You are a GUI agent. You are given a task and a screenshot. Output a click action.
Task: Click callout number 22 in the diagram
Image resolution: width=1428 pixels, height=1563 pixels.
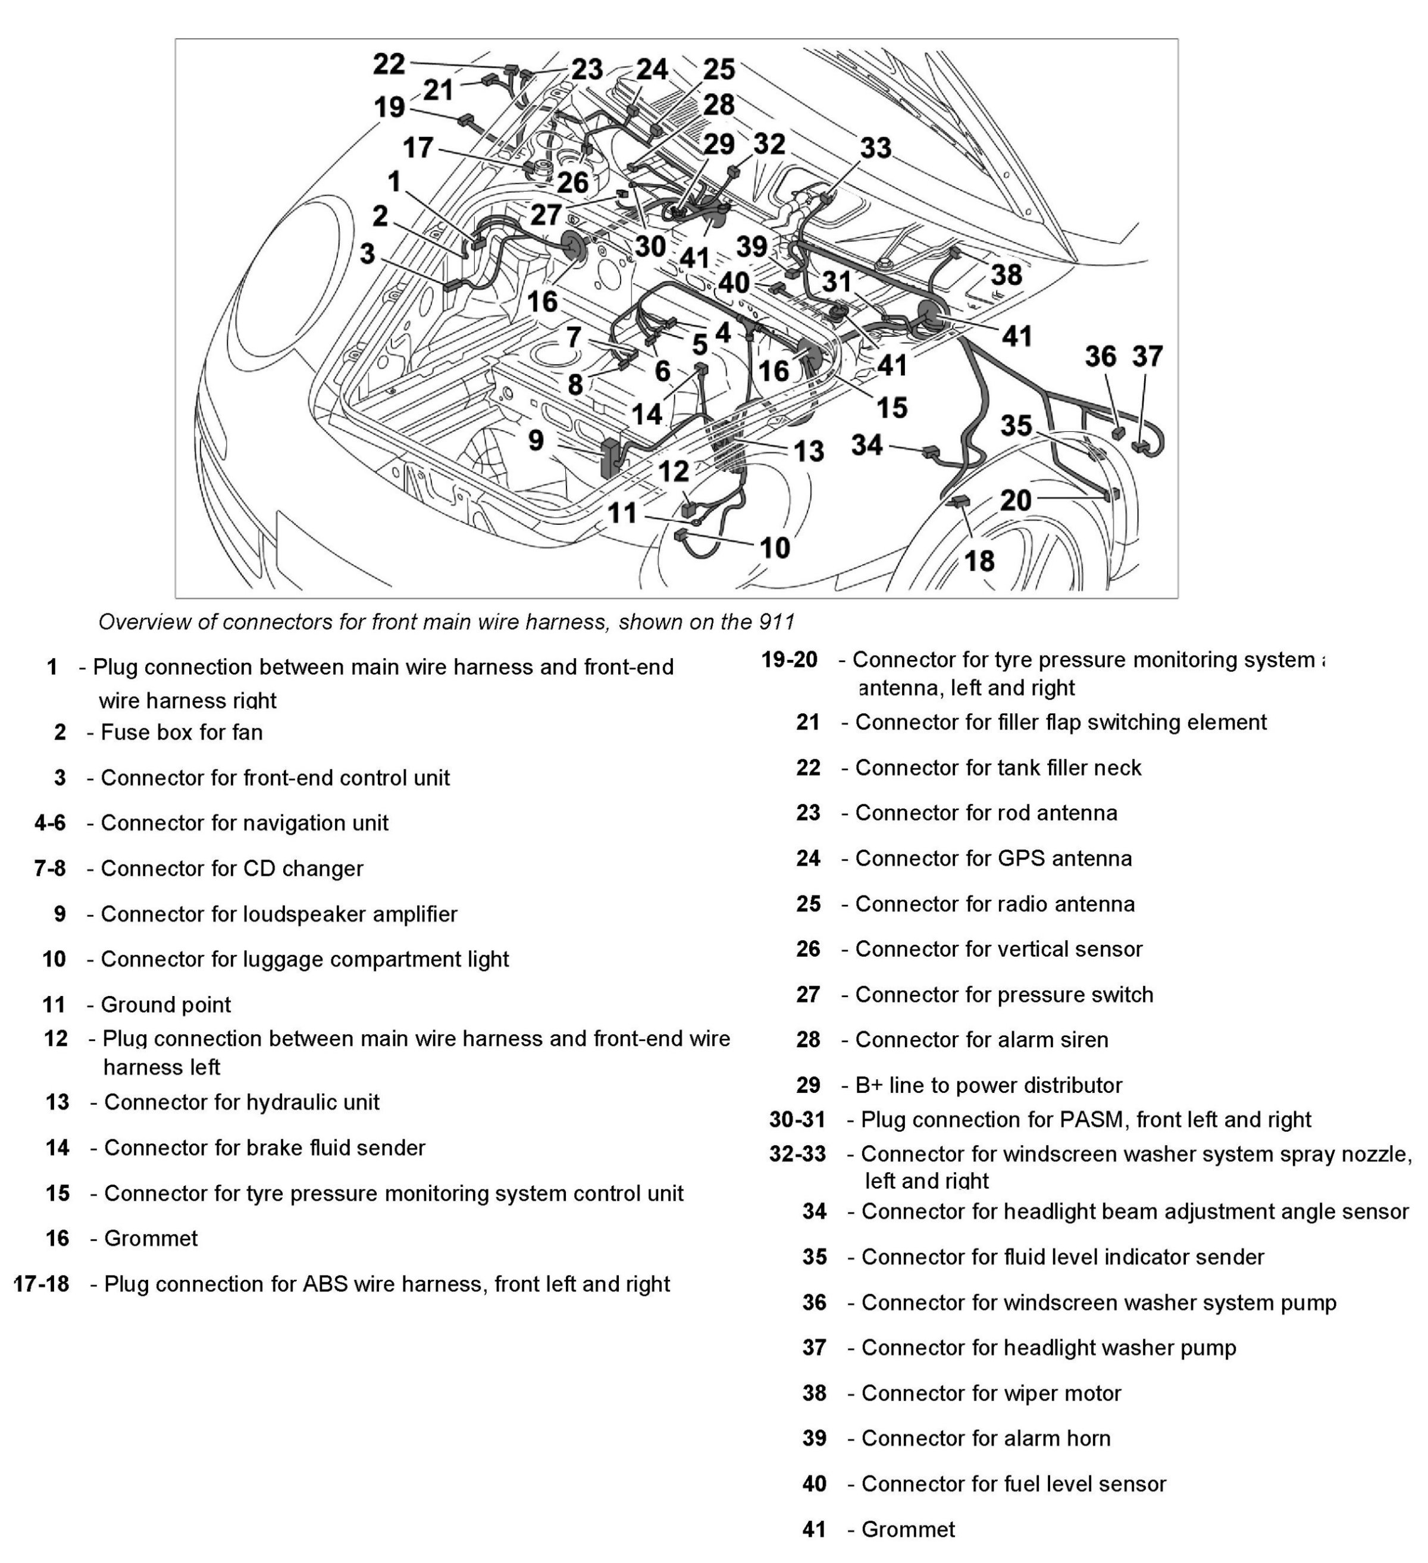pos(389,64)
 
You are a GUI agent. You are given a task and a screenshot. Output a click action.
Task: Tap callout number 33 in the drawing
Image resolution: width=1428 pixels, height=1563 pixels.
pos(875,148)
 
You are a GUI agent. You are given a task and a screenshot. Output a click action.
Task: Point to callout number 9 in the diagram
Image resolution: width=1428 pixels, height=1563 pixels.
pos(535,440)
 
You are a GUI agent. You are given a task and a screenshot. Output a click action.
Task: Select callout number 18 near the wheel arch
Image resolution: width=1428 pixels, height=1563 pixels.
pos(979,560)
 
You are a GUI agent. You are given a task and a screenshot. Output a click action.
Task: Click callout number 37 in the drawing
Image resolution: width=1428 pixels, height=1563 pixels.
pos(1147,356)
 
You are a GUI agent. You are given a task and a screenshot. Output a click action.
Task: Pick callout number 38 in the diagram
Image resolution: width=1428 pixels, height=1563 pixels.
pos(1006,274)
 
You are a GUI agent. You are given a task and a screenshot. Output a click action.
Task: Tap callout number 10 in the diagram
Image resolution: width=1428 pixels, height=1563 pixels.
pos(775,548)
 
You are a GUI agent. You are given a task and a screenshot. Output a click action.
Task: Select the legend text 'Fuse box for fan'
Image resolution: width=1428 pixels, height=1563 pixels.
pos(181,732)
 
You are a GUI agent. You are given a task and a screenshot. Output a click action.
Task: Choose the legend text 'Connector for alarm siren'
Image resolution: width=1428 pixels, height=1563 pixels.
pos(982,1039)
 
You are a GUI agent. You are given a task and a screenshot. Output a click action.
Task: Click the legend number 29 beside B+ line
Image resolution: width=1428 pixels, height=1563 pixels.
pos(808,1085)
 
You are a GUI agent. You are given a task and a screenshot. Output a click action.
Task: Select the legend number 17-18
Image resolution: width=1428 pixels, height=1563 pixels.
pos(41,1284)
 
